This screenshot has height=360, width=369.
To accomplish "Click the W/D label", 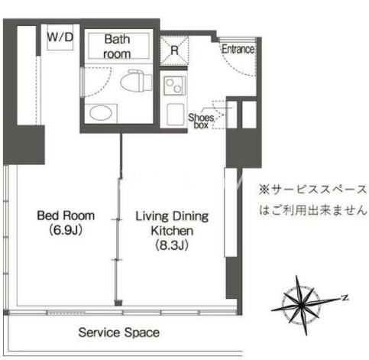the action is coord(60,37).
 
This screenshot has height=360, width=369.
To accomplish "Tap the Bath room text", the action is coord(117,47).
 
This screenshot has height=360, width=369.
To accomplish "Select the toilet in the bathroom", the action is coord(136,80).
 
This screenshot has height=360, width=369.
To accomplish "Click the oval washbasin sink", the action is coord(101,113).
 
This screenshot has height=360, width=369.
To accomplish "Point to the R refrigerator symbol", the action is coord(174,50).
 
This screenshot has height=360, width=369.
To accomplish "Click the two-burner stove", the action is coord(174,85).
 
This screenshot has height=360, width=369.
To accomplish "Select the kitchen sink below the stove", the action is coord(176,115).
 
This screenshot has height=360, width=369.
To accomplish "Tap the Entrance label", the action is coord(238,49).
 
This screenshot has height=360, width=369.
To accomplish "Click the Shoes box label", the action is coord(201,121).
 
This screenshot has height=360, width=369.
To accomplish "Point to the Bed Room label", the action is coord(66,216).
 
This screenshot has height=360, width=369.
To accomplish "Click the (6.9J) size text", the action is coord(66,230).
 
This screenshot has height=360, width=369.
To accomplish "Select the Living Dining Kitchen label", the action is coord(172,223).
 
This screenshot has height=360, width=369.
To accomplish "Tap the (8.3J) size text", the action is coord(172,245).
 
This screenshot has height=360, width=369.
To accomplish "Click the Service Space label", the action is coord(119,332).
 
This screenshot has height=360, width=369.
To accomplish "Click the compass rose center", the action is coord(302,305).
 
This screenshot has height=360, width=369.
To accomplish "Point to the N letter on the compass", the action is coord(345,297).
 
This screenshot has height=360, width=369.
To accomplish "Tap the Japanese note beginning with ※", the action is coord(313,200).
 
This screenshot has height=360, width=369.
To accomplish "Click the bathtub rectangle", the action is coord(118,46).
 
